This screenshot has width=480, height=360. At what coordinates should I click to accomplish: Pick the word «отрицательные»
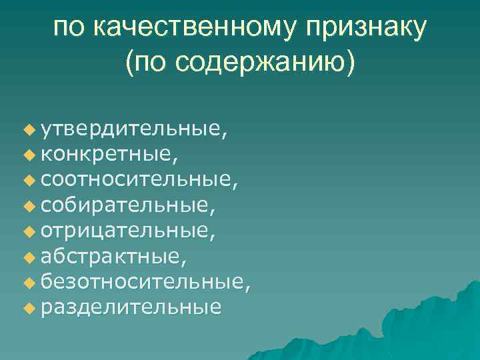(125, 231)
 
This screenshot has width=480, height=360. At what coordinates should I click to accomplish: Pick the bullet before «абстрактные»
(27, 259)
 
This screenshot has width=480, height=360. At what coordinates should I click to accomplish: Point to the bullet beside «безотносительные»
(27, 284)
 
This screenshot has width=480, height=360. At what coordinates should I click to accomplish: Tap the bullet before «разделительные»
(27, 309)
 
